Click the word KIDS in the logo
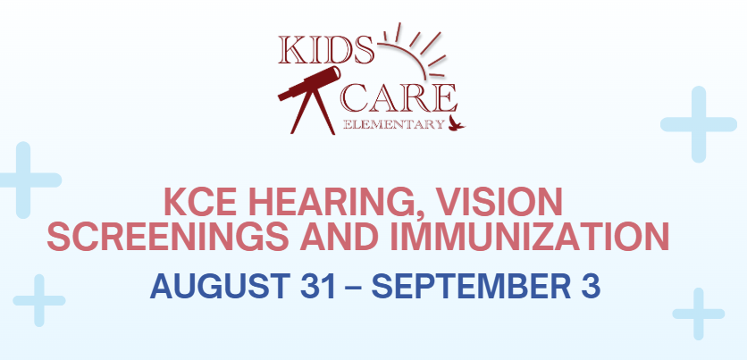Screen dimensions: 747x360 point(326,51)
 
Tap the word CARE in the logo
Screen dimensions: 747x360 point(399,98)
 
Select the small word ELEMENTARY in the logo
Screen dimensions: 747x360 point(393,125)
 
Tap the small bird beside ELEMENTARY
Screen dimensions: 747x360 point(456,123)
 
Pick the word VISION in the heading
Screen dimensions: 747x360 point(499,202)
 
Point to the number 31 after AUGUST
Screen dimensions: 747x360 point(318,286)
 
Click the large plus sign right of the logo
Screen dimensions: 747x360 point(699,124)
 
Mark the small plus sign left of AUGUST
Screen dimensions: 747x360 point(39,300)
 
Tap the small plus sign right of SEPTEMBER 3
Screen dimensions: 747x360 point(699,314)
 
